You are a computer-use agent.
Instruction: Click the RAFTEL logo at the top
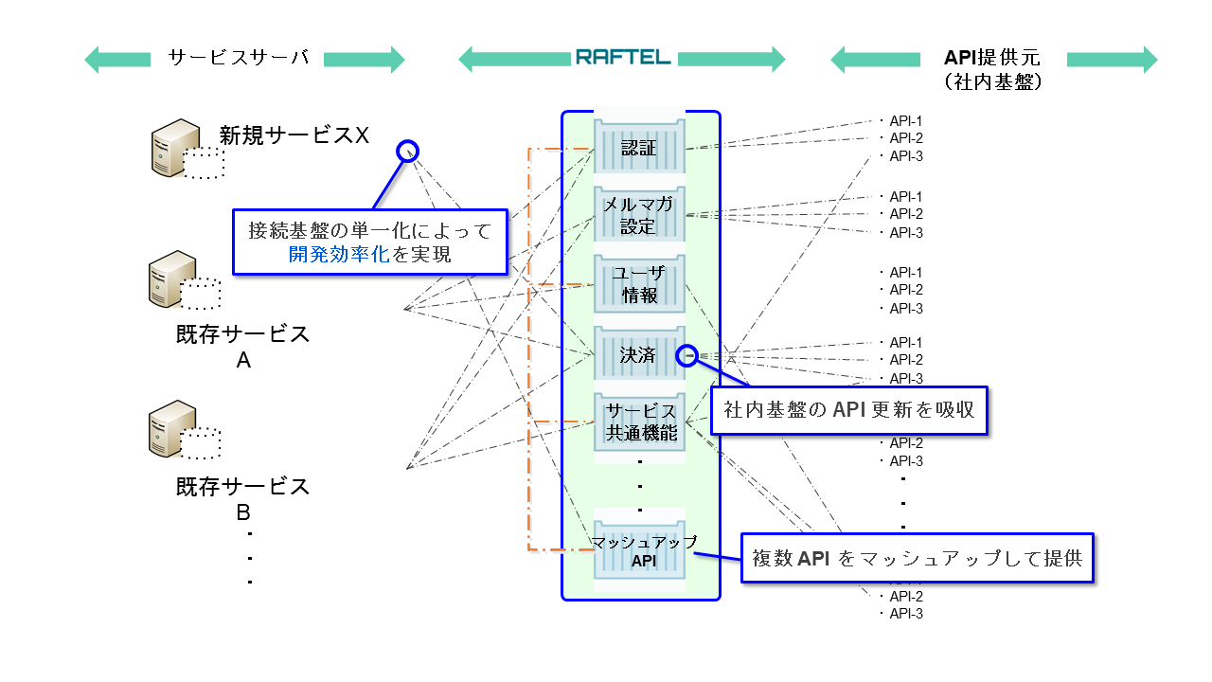click(x=622, y=58)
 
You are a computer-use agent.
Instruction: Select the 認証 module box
click(x=638, y=149)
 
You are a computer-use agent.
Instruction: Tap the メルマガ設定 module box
click(x=638, y=215)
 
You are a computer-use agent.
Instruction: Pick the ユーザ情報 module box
click(x=638, y=283)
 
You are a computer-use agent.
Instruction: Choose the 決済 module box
click(x=638, y=355)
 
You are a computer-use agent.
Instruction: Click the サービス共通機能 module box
click(x=638, y=422)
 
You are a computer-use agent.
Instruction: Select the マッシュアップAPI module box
click(x=638, y=550)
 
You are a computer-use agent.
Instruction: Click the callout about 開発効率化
click(x=369, y=242)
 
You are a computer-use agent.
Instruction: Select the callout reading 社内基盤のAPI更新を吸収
click(x=848, y=410)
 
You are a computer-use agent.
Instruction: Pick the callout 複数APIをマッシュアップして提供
click(x=917, y=558)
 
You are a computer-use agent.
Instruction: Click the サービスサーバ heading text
click(x=239, y=59)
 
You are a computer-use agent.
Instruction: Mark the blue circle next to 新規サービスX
click(x=407, y=150)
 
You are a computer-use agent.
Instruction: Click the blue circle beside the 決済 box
click(x=688, y=355)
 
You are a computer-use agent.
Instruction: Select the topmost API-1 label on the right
click(x=905, y=121)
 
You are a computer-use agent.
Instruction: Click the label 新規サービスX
click(x=294, y=135)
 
